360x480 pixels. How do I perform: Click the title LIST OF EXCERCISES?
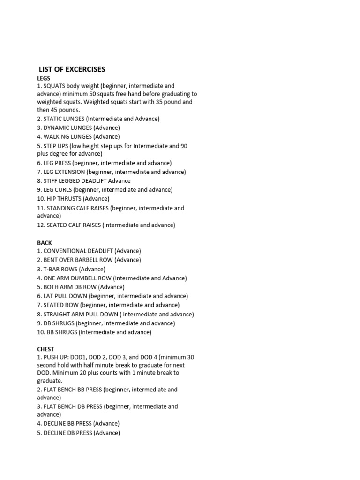click(x=72, y=69)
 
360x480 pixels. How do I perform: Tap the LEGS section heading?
click(x=44, y=78)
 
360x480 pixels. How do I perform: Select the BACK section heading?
click(x=45, y=243)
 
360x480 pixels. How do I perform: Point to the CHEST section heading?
click(x=45, y=349)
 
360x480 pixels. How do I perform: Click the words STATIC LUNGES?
click(x=64, y=119)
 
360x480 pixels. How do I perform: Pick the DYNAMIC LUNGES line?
click(x=78, y=127)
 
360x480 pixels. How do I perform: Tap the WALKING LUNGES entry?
click(x=78, y=137)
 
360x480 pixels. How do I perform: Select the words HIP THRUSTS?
click(x=64, y=199)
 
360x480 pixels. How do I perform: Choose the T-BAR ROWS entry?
click(x=61, y=269)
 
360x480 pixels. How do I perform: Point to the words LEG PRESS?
click(x=57, y=163)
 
